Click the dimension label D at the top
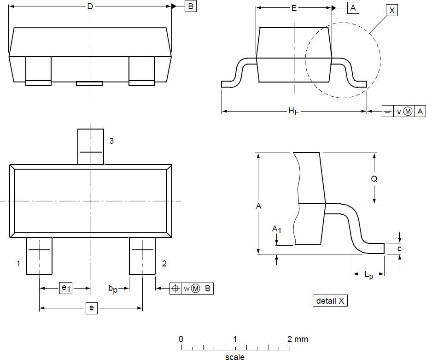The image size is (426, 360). click(90, 6)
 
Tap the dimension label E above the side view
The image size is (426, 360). click(294, 8)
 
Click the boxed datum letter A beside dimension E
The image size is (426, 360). click(353, 8)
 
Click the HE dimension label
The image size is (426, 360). click(293, 111)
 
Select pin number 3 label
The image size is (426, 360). click(111, 141)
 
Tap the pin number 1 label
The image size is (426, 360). click(18, 264)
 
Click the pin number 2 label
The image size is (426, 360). click(164, 264)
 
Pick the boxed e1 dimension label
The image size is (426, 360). click(66, 289)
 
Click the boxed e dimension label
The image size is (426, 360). click(91, 308)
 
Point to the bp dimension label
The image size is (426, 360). click(113, 289)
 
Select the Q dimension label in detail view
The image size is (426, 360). click(374, 179)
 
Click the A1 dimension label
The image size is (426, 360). click(276, 229)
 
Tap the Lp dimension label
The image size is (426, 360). click(369, 275)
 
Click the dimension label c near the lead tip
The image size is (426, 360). click(399, 249)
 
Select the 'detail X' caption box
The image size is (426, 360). click(330, 301)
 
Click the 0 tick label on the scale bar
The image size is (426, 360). click(181, 339)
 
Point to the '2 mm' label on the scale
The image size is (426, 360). click(298, 339)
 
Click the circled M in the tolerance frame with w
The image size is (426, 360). click(196, 289)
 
